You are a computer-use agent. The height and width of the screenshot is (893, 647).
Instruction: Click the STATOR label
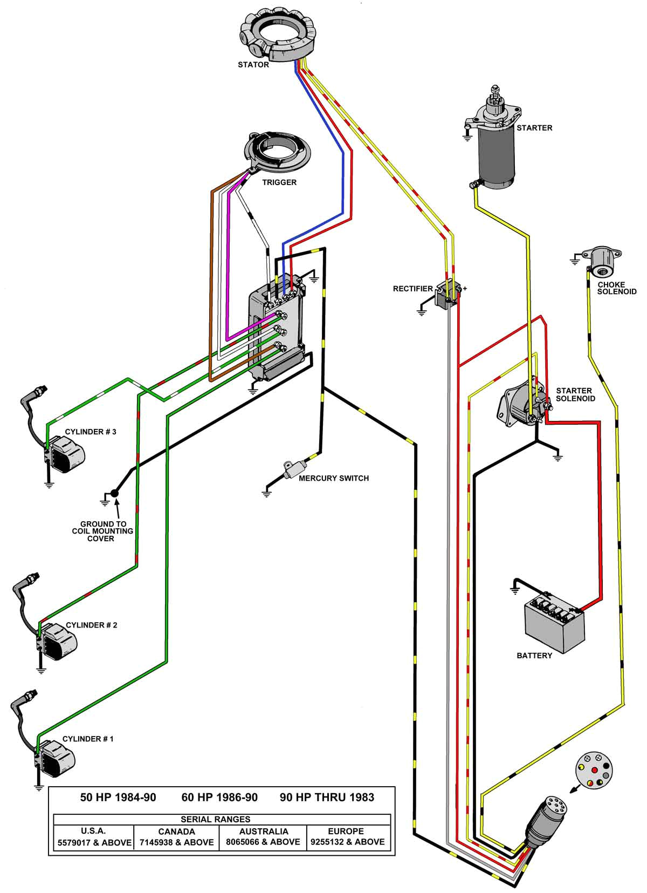pyautogui.click(x=253, y=65)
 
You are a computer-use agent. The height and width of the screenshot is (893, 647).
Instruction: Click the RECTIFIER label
pyautogui.click(x=412, y=289)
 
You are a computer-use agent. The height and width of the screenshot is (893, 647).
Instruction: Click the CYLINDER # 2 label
pyautogui.click(x=91, y=625)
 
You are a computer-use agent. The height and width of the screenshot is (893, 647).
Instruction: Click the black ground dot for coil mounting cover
pyautogui.click(x=114, y=493)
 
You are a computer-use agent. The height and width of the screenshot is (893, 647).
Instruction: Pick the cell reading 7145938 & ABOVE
pyautogui.click(x=176, y=842)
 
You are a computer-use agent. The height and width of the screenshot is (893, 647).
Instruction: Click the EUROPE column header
pyautogui.click(x=346, y=831)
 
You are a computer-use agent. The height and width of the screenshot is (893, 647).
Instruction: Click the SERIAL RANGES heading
pyautogui.click(x=215, y=819)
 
